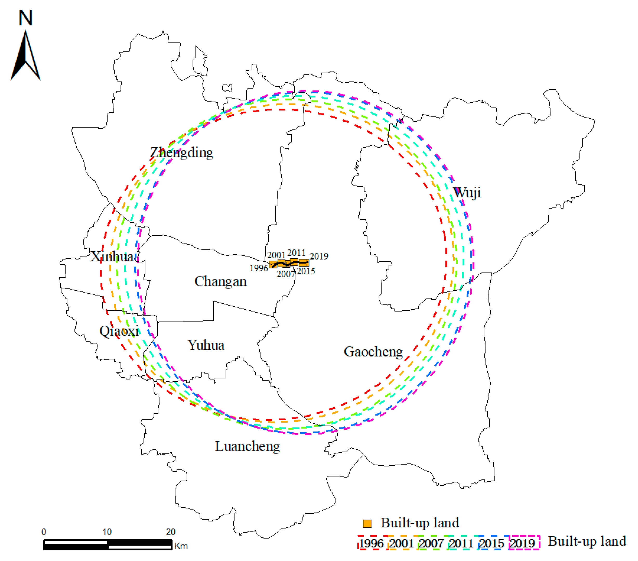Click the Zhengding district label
182,152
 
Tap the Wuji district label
467,192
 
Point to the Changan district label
221,281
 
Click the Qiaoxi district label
119,331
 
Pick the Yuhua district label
206,345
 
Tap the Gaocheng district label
373,352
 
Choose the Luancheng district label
247,446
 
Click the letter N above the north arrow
25,18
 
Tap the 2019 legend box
524,543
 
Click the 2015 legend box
492,543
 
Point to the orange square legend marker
367,524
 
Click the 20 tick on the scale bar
170,532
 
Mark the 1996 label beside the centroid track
259,268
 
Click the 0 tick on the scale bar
44,532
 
